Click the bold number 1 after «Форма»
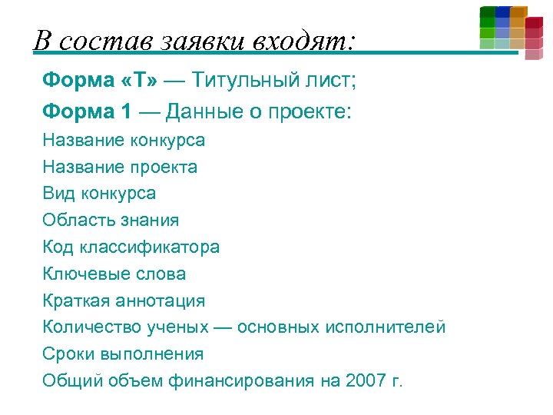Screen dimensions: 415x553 126,111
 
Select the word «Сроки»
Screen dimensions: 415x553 68,354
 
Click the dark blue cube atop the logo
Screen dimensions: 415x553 503,12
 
